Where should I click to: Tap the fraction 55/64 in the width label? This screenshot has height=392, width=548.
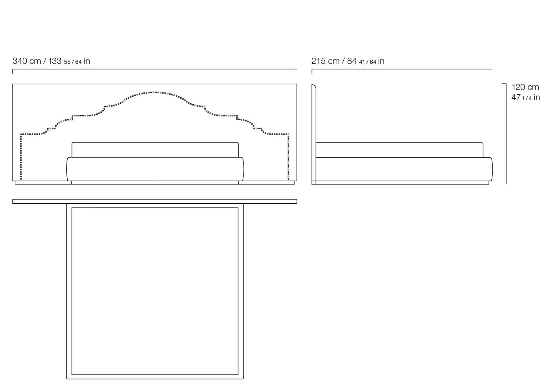[x=73, y=62]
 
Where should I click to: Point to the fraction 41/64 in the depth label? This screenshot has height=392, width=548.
[x=368, y=62]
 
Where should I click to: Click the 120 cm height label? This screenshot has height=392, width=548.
[x=525, y=87]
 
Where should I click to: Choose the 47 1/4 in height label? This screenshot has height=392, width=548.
[x=525, y=98]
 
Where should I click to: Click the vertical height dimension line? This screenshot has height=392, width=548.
[x=506, y=134]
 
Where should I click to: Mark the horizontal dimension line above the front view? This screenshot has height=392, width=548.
[x=155, y=69]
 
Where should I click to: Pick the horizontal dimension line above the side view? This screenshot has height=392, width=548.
[x=402, y=69]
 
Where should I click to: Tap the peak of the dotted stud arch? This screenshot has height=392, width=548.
[x=155, y=92]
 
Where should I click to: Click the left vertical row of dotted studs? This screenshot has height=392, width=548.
[x=21, y=157]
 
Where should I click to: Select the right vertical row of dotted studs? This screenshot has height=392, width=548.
[x=288, y=157]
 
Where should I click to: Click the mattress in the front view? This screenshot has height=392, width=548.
[x=155, y=150]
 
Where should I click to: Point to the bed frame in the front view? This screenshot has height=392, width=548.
[x=155, y=169]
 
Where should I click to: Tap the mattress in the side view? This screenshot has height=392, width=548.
[x=400, y=150]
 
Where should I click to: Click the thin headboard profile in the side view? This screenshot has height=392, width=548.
[x=314, y=134]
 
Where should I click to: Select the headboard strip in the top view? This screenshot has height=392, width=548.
[x=155, y=201]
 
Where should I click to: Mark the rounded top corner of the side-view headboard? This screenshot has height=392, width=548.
[x=314, y=86]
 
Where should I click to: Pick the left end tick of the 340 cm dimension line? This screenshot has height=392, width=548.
[x=13, y=71]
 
